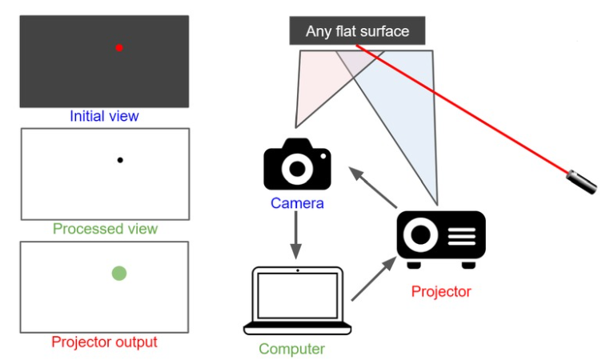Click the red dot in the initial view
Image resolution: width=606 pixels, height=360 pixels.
coord(119,48)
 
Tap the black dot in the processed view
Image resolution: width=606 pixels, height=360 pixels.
coord(120,160)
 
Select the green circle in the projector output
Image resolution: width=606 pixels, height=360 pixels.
coord(119,274)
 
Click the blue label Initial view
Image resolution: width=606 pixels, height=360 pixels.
coord(104,117)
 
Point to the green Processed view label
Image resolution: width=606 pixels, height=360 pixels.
coord(105,230)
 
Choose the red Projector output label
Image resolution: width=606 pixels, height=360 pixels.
coord(104,342)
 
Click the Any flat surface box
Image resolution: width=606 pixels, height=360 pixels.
coord(357,32)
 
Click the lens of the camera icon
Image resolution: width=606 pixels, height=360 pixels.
coord(297,168)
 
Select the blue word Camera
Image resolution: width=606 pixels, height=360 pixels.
coord(297,203)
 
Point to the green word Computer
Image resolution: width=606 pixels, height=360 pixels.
coord(291,349)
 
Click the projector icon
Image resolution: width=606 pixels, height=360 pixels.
coord(441,238)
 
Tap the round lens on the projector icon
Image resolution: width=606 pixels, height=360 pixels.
coord(421,236)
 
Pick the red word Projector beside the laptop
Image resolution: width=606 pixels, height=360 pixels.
coord(441,291)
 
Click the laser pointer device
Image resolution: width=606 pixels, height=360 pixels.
coord(582,181)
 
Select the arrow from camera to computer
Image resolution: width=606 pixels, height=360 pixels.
coord(296,236)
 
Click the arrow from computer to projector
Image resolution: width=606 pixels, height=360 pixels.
coord(374,278)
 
